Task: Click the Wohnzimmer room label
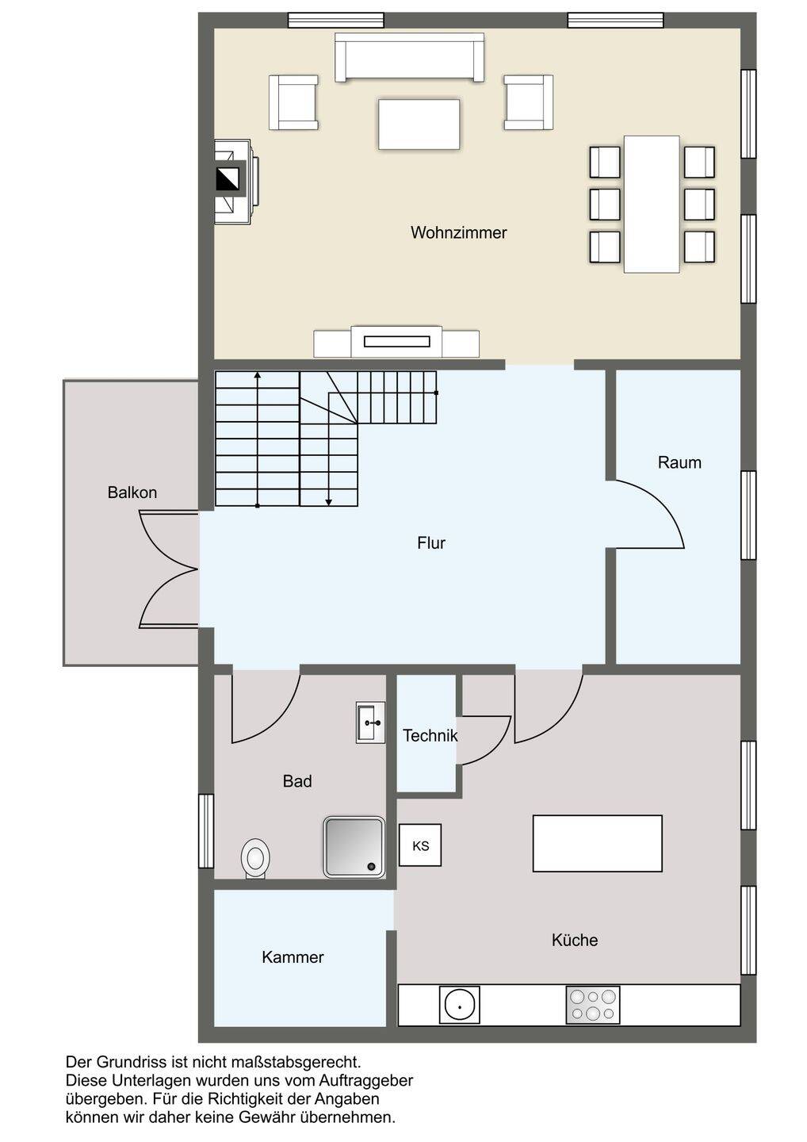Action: [x=458, y=233]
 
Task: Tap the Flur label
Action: [x=431, y=543]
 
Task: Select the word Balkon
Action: [x=132, y=492]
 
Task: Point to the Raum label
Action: [x=679, y=462]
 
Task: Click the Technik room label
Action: [x=430, y=736]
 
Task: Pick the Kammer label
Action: [x=293, y=957]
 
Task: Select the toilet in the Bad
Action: [x=255, y=859]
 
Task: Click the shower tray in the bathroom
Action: [x=354, y=847]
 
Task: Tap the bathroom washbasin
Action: [x=370, y=722]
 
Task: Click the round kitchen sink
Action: [x=459, y=1005]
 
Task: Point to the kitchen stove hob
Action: [x=592, y=1005]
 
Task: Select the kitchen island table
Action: [x=597, y=843]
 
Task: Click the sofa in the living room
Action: [x=409, y=57]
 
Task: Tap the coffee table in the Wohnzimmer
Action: [x=419, y=125]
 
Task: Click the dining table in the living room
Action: [x=652, y=204]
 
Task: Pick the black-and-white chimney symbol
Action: [x=228, y=179]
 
